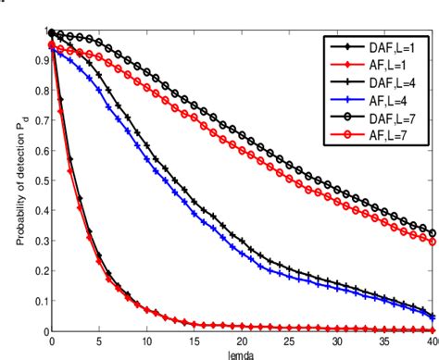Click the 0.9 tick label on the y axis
(x=40, y=62)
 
